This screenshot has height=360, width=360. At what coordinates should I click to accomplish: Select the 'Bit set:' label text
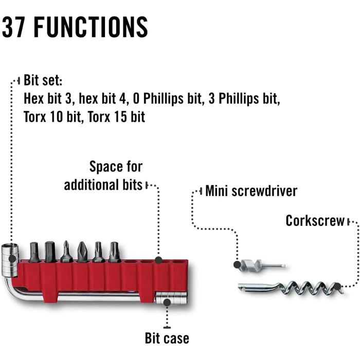(x=43, y=81)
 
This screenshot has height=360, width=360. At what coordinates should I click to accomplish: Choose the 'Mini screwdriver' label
(x=251, y=192)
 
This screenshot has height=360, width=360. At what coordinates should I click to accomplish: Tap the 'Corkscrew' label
(x=315, y=221)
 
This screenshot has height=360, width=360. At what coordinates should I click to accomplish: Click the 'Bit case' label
(x=167, y=338)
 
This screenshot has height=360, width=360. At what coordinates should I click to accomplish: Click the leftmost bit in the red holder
(x=34, y=252)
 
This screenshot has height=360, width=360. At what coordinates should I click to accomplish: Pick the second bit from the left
(x=50, y=252)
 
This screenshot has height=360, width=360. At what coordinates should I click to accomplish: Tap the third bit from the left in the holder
(x=66, y=252)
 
